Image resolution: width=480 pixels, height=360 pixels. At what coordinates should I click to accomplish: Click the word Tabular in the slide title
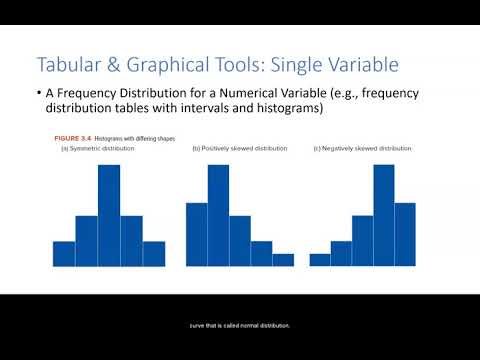[68, 65]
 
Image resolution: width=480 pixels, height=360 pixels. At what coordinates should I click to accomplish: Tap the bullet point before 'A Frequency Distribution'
[38, 95]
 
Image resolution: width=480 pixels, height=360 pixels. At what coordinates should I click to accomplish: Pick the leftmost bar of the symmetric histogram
[64, 253]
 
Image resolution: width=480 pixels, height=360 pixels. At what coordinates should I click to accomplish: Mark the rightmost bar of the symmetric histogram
[154, 253]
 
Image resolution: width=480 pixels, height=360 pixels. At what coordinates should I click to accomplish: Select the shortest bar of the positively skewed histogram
[283, 259]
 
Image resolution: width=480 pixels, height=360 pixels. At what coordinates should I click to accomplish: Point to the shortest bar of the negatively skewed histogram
[320, 259]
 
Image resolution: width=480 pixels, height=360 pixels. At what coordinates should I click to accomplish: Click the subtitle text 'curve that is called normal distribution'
[239, 323]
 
